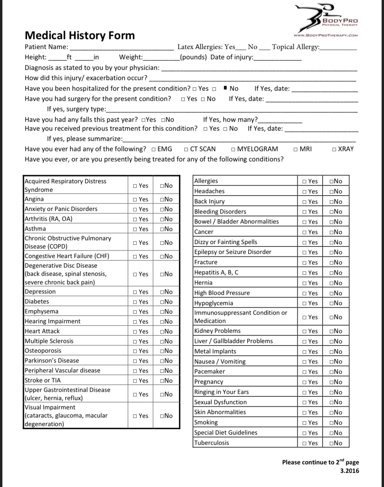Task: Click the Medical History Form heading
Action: coord(80,36)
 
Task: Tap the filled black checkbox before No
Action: coord(225,88)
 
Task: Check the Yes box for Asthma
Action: coord(136,229)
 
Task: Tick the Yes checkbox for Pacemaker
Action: coord(304,372)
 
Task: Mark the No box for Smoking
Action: coord(331,423)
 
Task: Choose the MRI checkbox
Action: coord(296,149)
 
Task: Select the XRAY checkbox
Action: coord(334,149)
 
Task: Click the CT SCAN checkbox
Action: coord(186,149)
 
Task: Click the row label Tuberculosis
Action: coord(212,443)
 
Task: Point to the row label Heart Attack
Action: coord(42,331)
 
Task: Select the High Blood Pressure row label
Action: coord(222,293)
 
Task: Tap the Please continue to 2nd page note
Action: coord(320,462)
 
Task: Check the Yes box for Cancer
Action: coord(304,232)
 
